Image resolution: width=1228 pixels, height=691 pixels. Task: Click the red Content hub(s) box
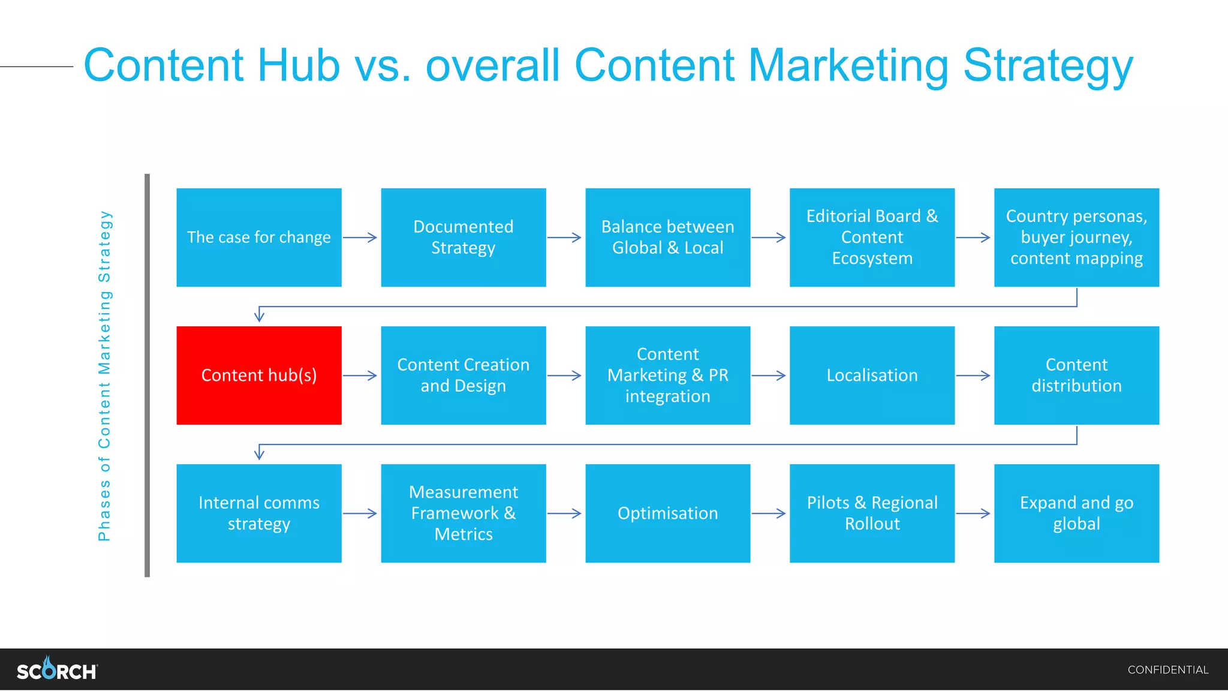click(259, 375)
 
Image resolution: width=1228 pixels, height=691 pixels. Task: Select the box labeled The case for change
click(259, 238)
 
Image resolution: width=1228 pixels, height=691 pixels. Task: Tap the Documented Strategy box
click(463, 238)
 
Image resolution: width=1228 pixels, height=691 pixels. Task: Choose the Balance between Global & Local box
click(668, 238)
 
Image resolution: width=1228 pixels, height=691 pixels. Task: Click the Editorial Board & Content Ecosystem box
click(872, 238)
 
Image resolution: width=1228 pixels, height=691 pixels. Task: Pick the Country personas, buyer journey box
click(1077, 238)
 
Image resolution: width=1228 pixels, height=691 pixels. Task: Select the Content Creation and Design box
click(463, 375)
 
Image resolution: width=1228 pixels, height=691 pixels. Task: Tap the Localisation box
click(872, 375)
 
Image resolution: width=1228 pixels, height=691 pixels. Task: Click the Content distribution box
click(1077, 375)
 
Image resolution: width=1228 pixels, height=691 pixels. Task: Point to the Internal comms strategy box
click(259, 513)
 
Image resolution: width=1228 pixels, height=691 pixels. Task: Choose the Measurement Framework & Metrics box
click(463, 513)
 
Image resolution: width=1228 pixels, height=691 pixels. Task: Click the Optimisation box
click(668, 513)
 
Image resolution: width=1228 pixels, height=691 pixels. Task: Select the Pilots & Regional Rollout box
click(872, 513)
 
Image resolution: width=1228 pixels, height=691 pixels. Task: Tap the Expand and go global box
click(1077, 513)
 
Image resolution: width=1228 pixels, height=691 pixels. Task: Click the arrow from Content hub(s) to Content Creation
click(360, 375)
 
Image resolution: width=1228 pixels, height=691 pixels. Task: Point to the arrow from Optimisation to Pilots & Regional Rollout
click(769, 513)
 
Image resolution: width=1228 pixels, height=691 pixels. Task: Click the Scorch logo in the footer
click(57, 669)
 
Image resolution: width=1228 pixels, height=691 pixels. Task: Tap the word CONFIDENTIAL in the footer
click(1167, 670)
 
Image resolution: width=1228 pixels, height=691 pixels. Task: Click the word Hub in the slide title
click(299, 65)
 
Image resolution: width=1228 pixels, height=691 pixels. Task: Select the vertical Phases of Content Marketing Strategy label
click(104, 375)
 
